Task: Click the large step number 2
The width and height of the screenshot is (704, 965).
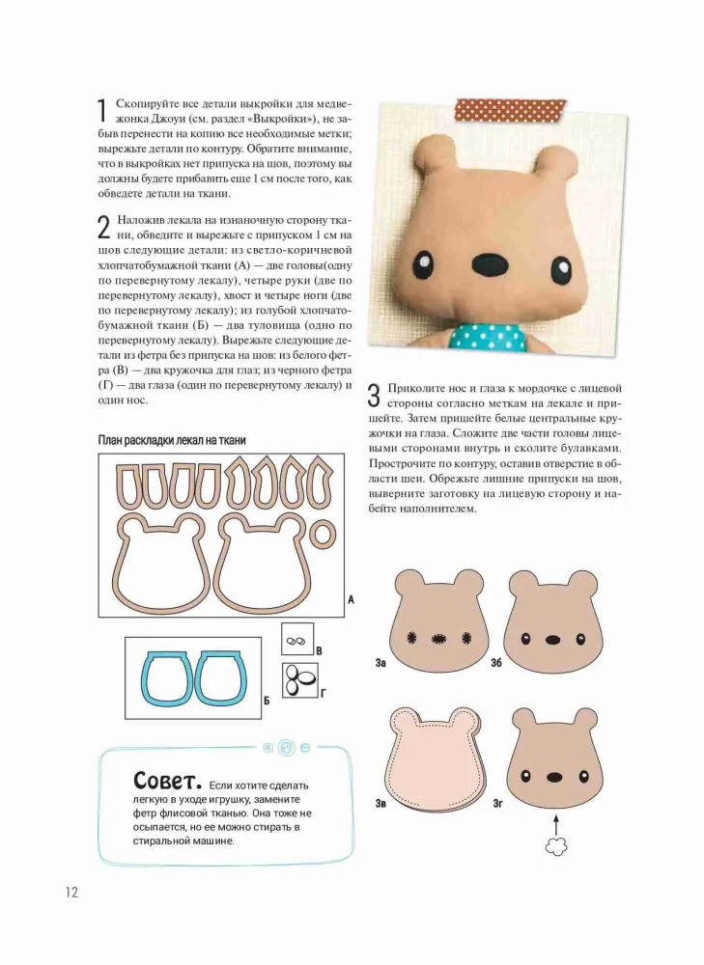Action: [x=104, y=228]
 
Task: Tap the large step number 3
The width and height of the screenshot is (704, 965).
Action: [x=375, y=395]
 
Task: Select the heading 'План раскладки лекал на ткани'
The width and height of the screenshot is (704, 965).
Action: [x=172, y=440]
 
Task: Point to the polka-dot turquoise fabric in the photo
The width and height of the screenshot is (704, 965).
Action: [x=493, y=334]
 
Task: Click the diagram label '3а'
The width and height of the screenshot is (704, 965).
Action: [x=381, y=664]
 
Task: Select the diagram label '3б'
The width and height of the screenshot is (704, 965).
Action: [x=495, y=664]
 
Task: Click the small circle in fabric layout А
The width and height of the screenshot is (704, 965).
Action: [x=328, y=534]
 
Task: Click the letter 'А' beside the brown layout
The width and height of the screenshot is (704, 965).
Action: [x=351, y=600]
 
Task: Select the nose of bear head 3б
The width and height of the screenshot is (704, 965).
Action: [x=553, y=639]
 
